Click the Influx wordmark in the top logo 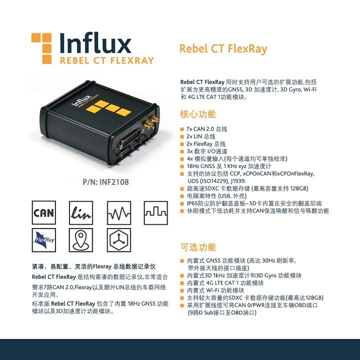95,43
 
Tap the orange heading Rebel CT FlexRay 223,48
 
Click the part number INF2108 114,182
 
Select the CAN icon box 44,212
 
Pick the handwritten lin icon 81,212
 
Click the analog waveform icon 119,212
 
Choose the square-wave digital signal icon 156,212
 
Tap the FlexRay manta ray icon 44,240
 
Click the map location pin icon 81,240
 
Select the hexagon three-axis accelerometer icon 119,240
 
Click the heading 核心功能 198,114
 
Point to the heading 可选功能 198,247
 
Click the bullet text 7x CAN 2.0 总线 207,129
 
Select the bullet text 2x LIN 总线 201,136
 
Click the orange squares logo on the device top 108,107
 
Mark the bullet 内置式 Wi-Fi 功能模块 215,290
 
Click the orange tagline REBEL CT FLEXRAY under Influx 107,60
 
